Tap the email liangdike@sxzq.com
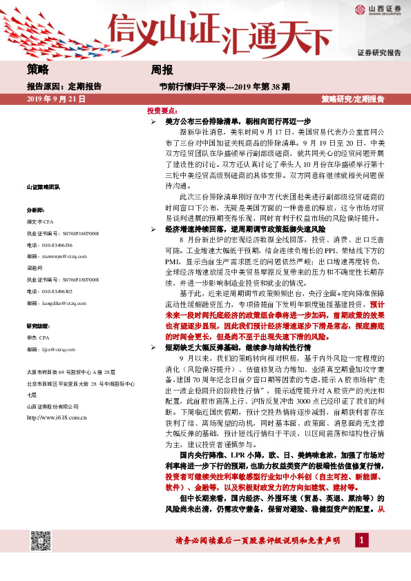coord(60,302)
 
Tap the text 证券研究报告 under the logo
coord(379,53)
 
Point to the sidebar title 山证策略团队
coord(43,187)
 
